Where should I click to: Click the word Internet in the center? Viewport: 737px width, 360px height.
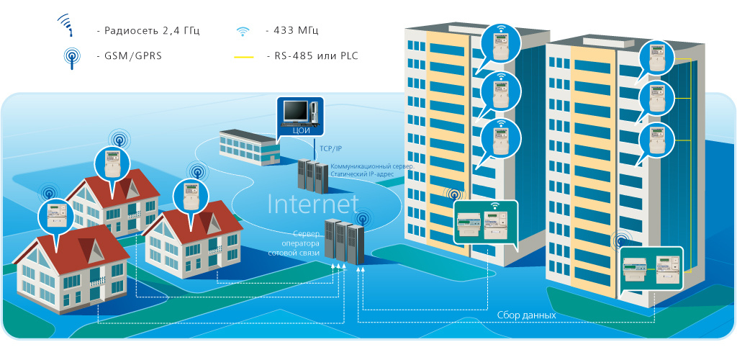tap(312, 204)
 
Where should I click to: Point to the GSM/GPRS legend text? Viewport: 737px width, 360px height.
tap(133, 55)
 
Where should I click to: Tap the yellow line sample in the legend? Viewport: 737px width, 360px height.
tap(244, 56)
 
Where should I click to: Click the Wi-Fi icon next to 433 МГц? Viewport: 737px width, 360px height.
tap(243, 31)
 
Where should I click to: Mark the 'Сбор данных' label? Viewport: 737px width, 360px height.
tap(526, 315)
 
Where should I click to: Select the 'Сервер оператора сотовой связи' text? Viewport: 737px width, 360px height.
tap(291, 244)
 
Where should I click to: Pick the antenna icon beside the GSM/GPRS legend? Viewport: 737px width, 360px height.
tap(71, 57)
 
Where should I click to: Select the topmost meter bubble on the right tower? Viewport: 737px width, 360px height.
tap(656, 57)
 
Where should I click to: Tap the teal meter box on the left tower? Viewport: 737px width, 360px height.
tap(486, 223)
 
